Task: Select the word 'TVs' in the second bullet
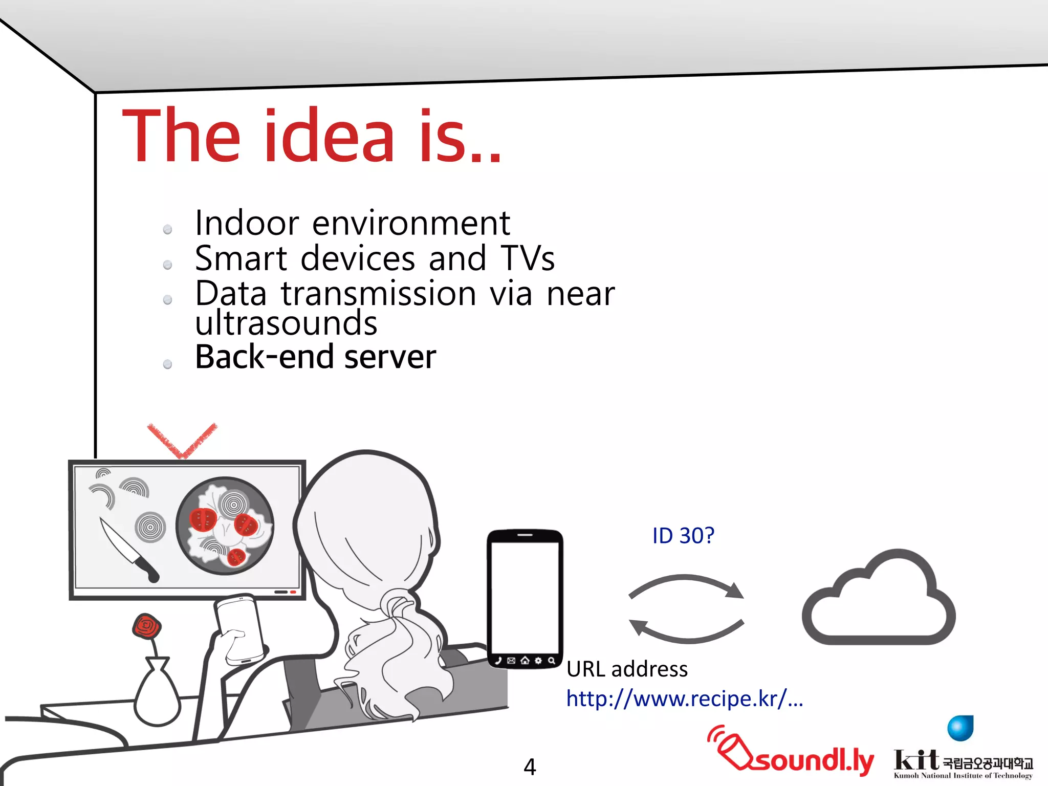click(528, 258)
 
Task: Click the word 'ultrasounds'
click(286, 323)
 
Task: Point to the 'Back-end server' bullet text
click(315, 357)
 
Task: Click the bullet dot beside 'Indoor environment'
click(167, 230)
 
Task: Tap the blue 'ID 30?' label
click(683, 536)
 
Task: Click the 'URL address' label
click(627, 669)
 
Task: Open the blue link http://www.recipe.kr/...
click(684, 699)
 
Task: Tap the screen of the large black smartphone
click(525, 596)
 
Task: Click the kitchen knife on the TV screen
click(128, 550)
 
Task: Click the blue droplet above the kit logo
click(960, 728)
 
